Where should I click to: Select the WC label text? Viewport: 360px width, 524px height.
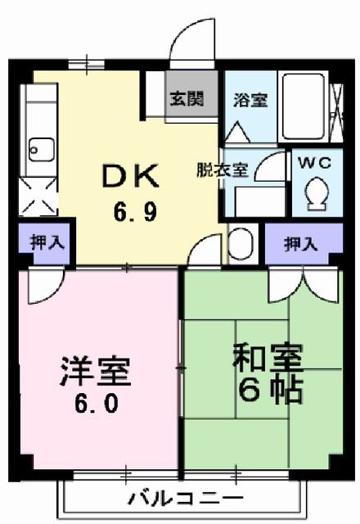pos(313,161)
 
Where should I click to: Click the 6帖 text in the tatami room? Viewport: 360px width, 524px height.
pos(270,388)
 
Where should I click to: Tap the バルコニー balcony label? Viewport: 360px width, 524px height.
pos(186,499)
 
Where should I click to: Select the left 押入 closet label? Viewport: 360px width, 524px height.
pos(43,242)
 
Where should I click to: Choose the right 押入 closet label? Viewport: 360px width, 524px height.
pos(298,242)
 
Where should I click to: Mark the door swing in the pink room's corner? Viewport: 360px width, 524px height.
pos(41,287)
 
